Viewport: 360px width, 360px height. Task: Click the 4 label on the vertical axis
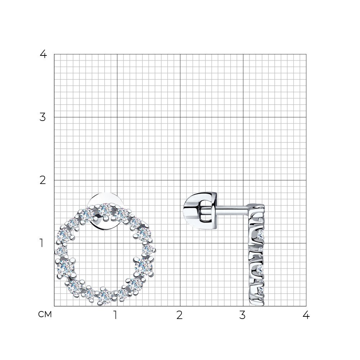[44, 54]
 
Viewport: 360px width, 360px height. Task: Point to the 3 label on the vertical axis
[43, 117]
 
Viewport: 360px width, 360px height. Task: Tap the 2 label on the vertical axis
[43, 180]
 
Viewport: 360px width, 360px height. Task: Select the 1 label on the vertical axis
[41, 243]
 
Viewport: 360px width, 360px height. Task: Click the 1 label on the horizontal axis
[116, 315]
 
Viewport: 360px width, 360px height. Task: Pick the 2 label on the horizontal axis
[180, 315]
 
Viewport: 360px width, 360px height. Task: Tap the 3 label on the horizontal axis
[242, 315]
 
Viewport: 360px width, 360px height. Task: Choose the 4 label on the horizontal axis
[306, 315]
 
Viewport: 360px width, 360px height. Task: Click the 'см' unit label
[45, 314]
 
